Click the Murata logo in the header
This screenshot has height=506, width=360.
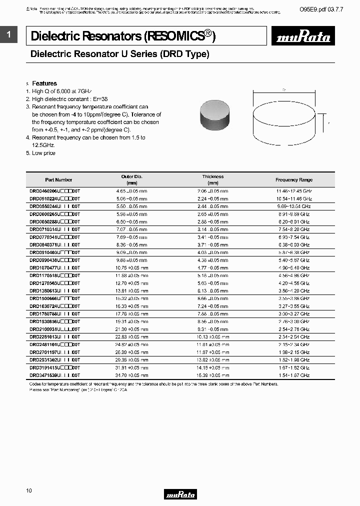pos(304,37)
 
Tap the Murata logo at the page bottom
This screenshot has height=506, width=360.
pos(180,494)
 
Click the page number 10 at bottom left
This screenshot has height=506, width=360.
pos(28,491)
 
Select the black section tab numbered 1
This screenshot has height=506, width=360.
pos(9,34)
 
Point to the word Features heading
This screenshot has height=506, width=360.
pos(44,83)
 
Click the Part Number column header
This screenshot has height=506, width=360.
pos(58,180)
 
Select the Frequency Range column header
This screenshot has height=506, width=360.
pos(293,180)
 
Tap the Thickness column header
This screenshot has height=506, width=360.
pos(212,179)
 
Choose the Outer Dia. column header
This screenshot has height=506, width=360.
pos(132,179)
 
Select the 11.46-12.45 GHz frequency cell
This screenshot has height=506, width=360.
pos(293,191)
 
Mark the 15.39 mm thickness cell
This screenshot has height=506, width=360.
pos(212,375)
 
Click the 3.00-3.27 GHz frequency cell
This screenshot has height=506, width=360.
pos(293,314)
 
